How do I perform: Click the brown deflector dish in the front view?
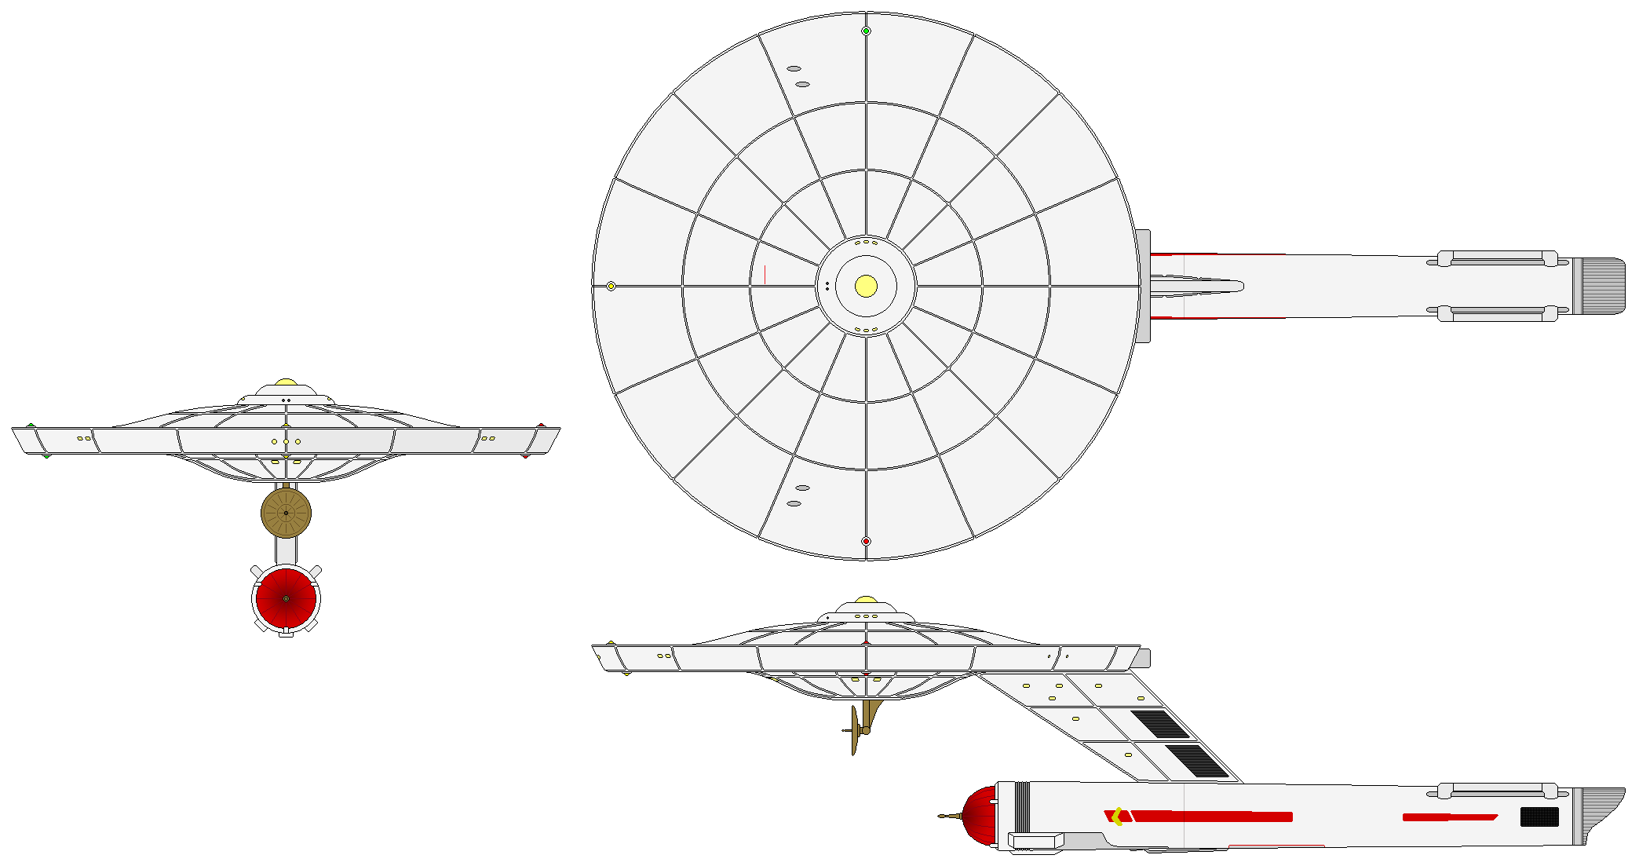tap(286, 513)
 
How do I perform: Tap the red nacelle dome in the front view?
tap(286, 598)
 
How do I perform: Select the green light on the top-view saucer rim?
tap(866, 31)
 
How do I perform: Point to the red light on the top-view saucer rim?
tap(866, 541)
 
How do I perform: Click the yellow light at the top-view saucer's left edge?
tap(611, 286)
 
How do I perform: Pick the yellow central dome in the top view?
tap(866, 286)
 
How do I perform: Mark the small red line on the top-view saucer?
tap(765, 274)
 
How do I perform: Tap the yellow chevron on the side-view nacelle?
tap(1117, 817)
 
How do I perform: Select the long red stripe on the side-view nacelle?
tap(1213, 817)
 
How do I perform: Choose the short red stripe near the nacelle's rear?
tap(1449, 817)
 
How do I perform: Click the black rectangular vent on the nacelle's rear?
tap(1539, 817)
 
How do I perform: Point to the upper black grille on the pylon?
tap(1161, 724)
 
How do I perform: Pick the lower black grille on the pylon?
tap(1196, 761)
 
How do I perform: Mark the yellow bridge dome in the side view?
tap(866, 601)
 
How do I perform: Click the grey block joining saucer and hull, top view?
tap(1144, 286)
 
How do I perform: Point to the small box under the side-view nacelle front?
tap(1035, 841)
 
